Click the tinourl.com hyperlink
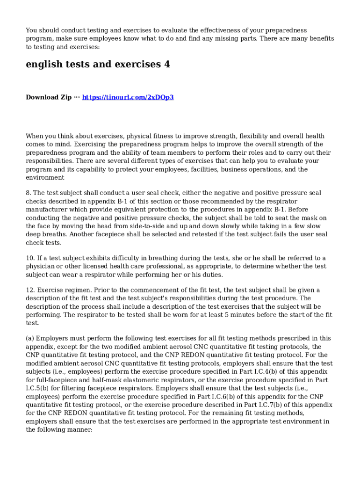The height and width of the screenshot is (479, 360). click(128, 97)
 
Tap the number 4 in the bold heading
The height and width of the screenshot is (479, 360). click(167, 65)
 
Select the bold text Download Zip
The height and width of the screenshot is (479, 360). click(49, 97)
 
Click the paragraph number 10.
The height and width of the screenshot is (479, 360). click(29, 258)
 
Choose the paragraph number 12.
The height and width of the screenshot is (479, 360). click(29, 290)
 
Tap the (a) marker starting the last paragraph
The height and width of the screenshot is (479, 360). click(30, 338)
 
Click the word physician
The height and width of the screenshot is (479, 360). click(41, 267)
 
